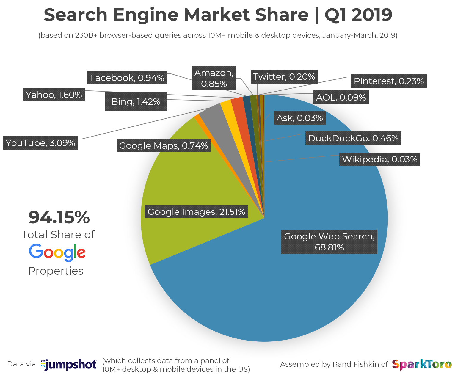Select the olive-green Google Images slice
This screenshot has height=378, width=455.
pos(178,178)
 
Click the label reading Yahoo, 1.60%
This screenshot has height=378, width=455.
pos(54,95)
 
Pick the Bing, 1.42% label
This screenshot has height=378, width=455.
pos(136,102)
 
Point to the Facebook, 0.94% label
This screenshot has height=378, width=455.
pos(127,78)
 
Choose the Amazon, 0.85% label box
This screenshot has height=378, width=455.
pos(214,78)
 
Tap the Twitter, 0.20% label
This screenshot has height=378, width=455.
pos(284,77)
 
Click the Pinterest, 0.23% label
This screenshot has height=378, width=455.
pos(389,81)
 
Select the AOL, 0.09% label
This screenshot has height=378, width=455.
pos(341,98)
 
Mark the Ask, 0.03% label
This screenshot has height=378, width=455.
pos(299,118)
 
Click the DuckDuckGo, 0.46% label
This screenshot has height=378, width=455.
pos(353,138)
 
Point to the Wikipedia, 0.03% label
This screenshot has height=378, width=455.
pos(380,159)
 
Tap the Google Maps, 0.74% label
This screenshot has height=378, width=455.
pos(164,146)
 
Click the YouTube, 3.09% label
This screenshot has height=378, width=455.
pos(40,143)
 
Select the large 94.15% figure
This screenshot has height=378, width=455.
pos(59,217)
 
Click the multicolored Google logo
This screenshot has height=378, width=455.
pos(57,252)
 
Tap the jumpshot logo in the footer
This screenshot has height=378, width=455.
pos(69,365)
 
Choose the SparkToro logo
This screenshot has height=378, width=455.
pos(422,365)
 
